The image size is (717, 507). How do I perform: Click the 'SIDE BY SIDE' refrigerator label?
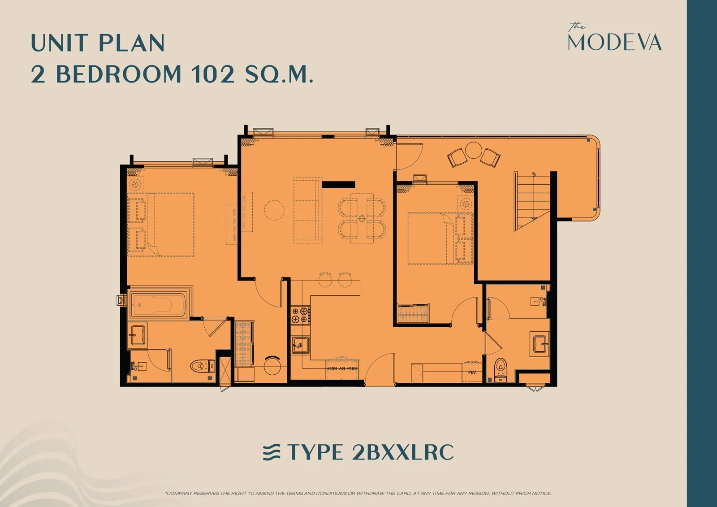tap(342, 368)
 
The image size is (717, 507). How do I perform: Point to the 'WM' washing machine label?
tap(472, 373)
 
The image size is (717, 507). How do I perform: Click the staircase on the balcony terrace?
tap(532, 201)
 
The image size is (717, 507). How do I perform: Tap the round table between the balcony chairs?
tap(473, 150)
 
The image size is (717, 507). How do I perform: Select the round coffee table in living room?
tap(274, 210)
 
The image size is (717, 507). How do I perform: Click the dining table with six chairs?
tap(362, 218)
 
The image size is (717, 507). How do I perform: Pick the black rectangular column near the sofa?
tap(338, 185)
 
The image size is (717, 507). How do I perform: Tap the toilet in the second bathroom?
tap(501, 369)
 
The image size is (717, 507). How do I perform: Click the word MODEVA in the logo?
tap(614, 42)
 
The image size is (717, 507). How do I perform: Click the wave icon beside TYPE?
tap(272, 452)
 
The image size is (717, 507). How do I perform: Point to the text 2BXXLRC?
tap(402, 452)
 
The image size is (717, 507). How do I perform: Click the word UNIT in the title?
tap(60, 43)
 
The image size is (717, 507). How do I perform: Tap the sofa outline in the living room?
tap(308, 210)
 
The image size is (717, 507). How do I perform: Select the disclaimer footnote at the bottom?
tap(358, 493)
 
